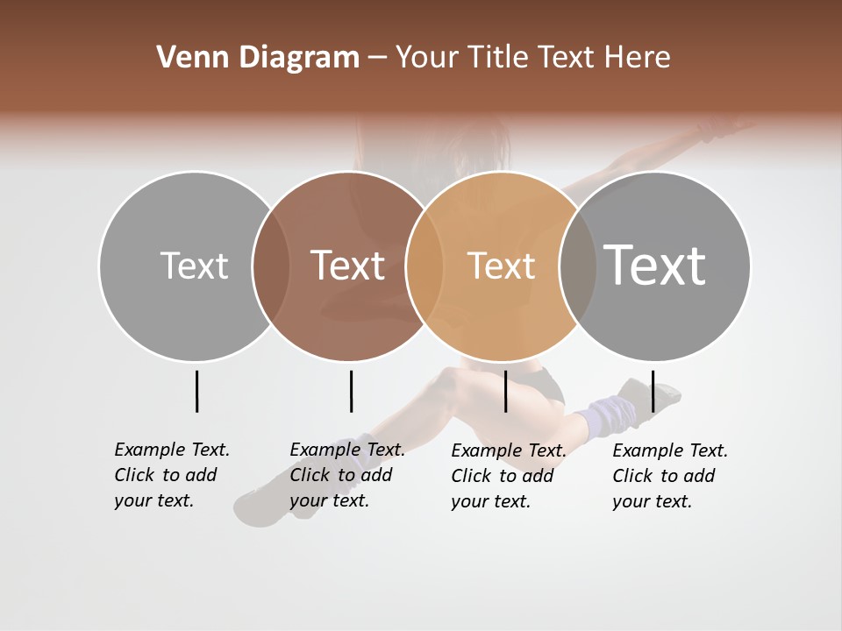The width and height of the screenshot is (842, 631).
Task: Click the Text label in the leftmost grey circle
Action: [194, 266]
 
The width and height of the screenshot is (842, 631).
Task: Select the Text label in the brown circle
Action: [347, 266]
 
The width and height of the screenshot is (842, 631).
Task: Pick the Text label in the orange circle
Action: [501, 266]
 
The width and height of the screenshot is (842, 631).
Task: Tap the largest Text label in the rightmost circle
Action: [654, 266]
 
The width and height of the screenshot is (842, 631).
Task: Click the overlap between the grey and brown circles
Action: [271, 266]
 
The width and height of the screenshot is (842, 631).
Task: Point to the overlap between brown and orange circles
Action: [425, 266]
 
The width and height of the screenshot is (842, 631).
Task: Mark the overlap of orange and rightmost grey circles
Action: [578, 266]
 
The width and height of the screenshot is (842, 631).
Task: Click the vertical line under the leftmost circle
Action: [196, 391]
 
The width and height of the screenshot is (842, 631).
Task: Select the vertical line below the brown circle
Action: [351, 391]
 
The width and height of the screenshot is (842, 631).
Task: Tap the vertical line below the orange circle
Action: [505, 391]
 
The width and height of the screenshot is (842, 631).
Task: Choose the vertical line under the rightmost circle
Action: [653, 391]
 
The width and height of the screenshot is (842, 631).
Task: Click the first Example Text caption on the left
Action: [172, 475]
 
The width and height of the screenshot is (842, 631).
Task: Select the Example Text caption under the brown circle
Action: [347, 475]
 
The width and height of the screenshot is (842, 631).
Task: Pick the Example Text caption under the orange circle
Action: [509, 476]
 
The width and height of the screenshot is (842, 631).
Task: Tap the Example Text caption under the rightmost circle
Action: [670, 476]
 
